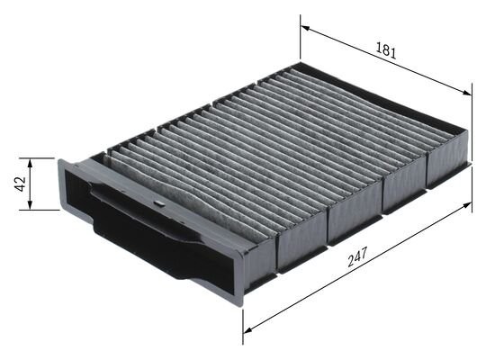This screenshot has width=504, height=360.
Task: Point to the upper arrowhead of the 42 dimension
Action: (x=31, y=162)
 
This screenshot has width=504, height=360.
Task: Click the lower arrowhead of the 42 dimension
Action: (x=31, y=206)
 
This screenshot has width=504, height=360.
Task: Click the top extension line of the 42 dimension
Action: (x=43, y=158)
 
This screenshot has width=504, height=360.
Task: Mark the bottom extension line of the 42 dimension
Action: (x=43, y=210)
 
